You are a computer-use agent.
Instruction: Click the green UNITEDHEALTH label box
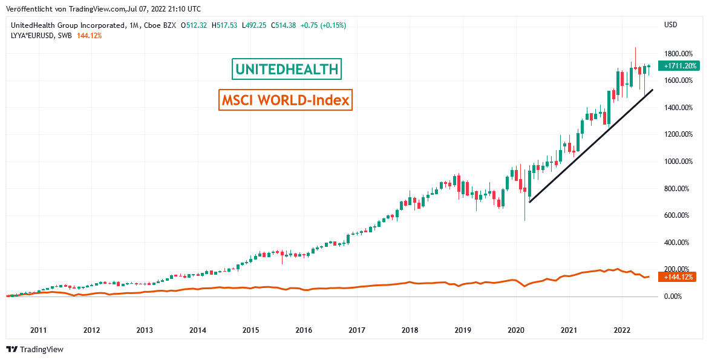(287, 70)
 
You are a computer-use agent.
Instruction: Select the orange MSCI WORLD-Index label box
(286, 100)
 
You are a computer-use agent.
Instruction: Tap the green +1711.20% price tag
(681, 65)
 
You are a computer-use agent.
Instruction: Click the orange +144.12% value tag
(679, 277)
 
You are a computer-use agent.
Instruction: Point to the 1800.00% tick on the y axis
(678, 54)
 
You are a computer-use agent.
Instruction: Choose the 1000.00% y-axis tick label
(678, 162)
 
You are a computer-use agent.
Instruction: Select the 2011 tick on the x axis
(38, 330)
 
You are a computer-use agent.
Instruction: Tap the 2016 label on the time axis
(304, 330)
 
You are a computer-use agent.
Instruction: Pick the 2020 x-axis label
(516, 330)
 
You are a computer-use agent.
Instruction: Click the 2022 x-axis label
(622, 330)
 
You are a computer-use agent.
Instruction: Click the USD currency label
(670, 25)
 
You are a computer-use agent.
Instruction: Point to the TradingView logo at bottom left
(35, 349)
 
